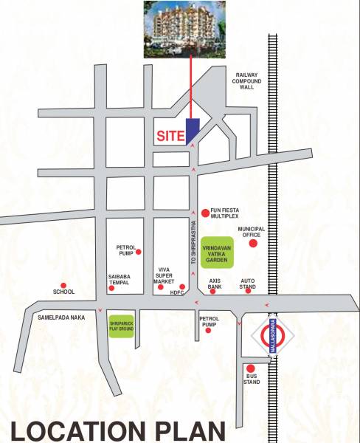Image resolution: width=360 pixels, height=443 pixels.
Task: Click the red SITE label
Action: click(x=169, y=137)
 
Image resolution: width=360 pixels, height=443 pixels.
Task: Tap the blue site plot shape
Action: click(x=191, y=131)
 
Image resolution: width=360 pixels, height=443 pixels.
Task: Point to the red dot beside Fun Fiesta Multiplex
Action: click(x=205, y=213)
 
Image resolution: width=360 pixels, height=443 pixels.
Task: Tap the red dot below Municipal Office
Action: click(x=253, y=243)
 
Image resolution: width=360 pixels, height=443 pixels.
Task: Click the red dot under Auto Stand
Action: click(x=248, y=290)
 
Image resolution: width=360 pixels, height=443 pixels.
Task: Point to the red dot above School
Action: click(x=63, y=285)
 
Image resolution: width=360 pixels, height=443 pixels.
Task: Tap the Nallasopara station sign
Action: click(x=273, y=337)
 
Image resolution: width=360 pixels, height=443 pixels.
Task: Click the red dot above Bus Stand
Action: click(x=252, y=368)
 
